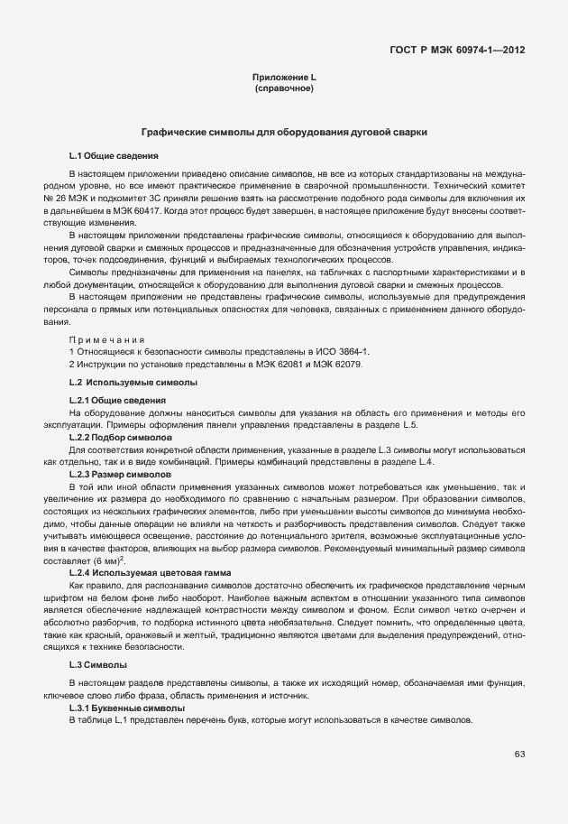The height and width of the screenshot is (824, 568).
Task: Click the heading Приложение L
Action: pyautogui.click(x=283, y=79)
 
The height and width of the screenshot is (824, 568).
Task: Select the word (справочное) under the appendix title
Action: pyautogui.click(x=284, y=90)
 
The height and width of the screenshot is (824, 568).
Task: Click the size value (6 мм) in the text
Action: pyautogui.click(x=105, y=561)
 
